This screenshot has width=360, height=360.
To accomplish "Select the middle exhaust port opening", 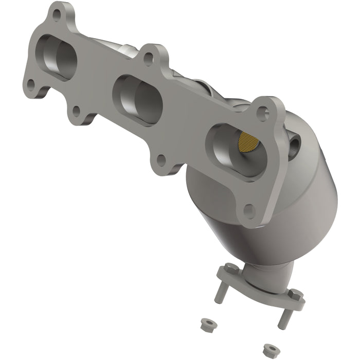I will tap(138, 99).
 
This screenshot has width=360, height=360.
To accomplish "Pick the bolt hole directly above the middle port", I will tap(148, 59).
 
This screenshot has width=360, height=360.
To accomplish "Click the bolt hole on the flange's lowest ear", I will tap(249, 210).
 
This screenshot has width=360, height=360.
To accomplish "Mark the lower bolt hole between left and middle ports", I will tap(77, 110).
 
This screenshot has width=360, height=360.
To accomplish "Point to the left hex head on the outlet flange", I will tap(228, 268).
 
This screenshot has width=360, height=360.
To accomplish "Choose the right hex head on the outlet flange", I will tap(295, 295).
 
